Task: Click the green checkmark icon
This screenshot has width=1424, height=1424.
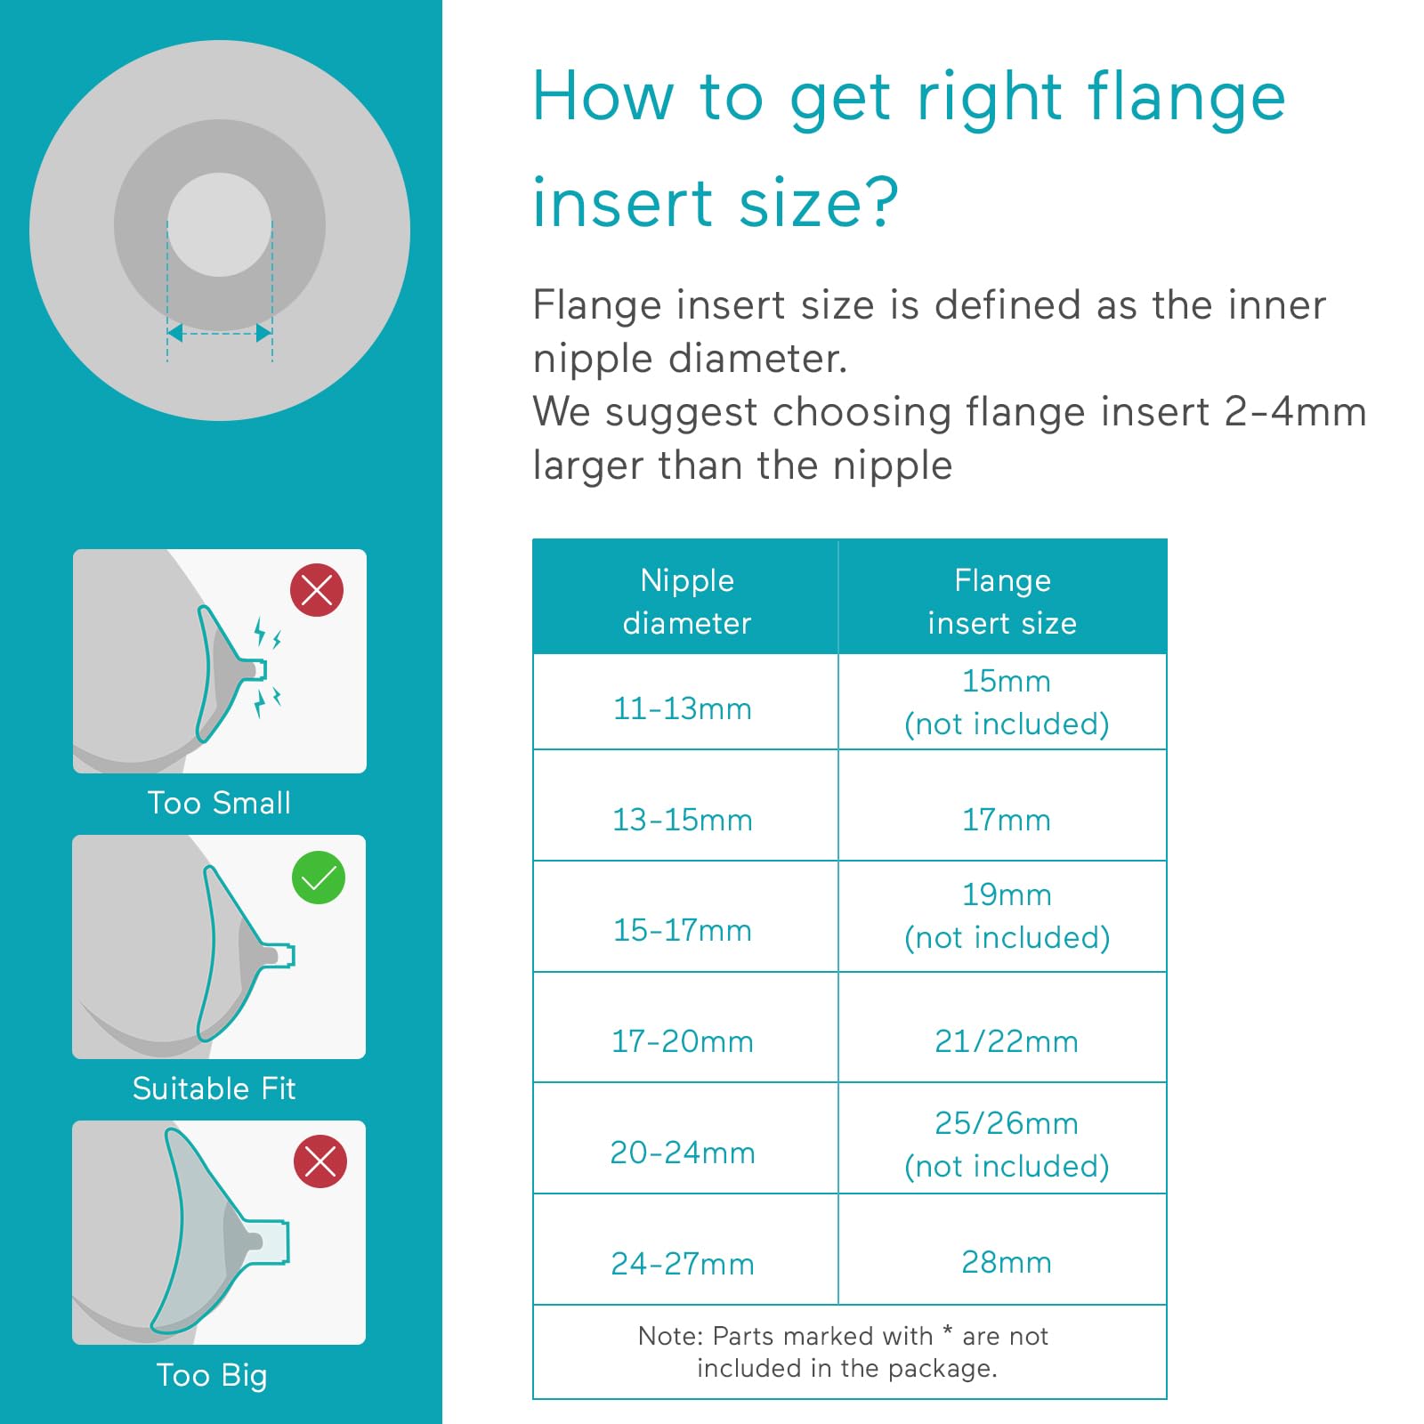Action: pyautogui.click(x=319, y=878)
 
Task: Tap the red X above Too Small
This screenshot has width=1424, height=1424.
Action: pyautogui.click(x=317, y=590)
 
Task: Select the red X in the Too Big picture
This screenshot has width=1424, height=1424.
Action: pyautogui.click(x=320, y=1161)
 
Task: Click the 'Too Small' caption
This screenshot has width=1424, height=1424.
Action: pyautogui.click(x=219, y=803)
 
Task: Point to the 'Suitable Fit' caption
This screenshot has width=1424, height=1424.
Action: pyautogui.click(x=214, y=1088)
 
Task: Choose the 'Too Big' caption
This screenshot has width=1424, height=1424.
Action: pyautogui.click(x=212, y=1375)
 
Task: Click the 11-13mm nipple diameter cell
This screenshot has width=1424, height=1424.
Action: pyautogui.click(x=683, y=708)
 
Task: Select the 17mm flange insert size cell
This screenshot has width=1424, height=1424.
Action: pyautogui.click(x=1006, y=820)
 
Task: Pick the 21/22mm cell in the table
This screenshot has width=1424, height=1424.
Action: pyautogui.click(x=1006, y=1041)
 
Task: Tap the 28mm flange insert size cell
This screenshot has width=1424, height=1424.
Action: pyautogui.click(x=1006, y=1262)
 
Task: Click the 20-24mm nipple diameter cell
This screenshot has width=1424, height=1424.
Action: pyautogui.click(x=683, y=1153)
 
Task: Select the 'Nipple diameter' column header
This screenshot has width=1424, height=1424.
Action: pyautogui.click(x=686, y=601)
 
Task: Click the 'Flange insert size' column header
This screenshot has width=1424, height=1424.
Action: pyautogui.click(x=1002, y=601)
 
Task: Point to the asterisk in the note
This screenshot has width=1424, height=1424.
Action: pyautogui.click(x=947, y=1330)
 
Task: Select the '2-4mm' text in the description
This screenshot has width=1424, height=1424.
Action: pyautogui.click(x=1295, y=412)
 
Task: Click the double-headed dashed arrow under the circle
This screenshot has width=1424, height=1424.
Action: pyautogui.click(x=220, y=333)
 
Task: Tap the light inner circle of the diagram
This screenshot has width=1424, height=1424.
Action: pyautogui.click(x=219, y=224)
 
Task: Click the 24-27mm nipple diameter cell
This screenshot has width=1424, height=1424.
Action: pyautogui.click(x=683, y=1264)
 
